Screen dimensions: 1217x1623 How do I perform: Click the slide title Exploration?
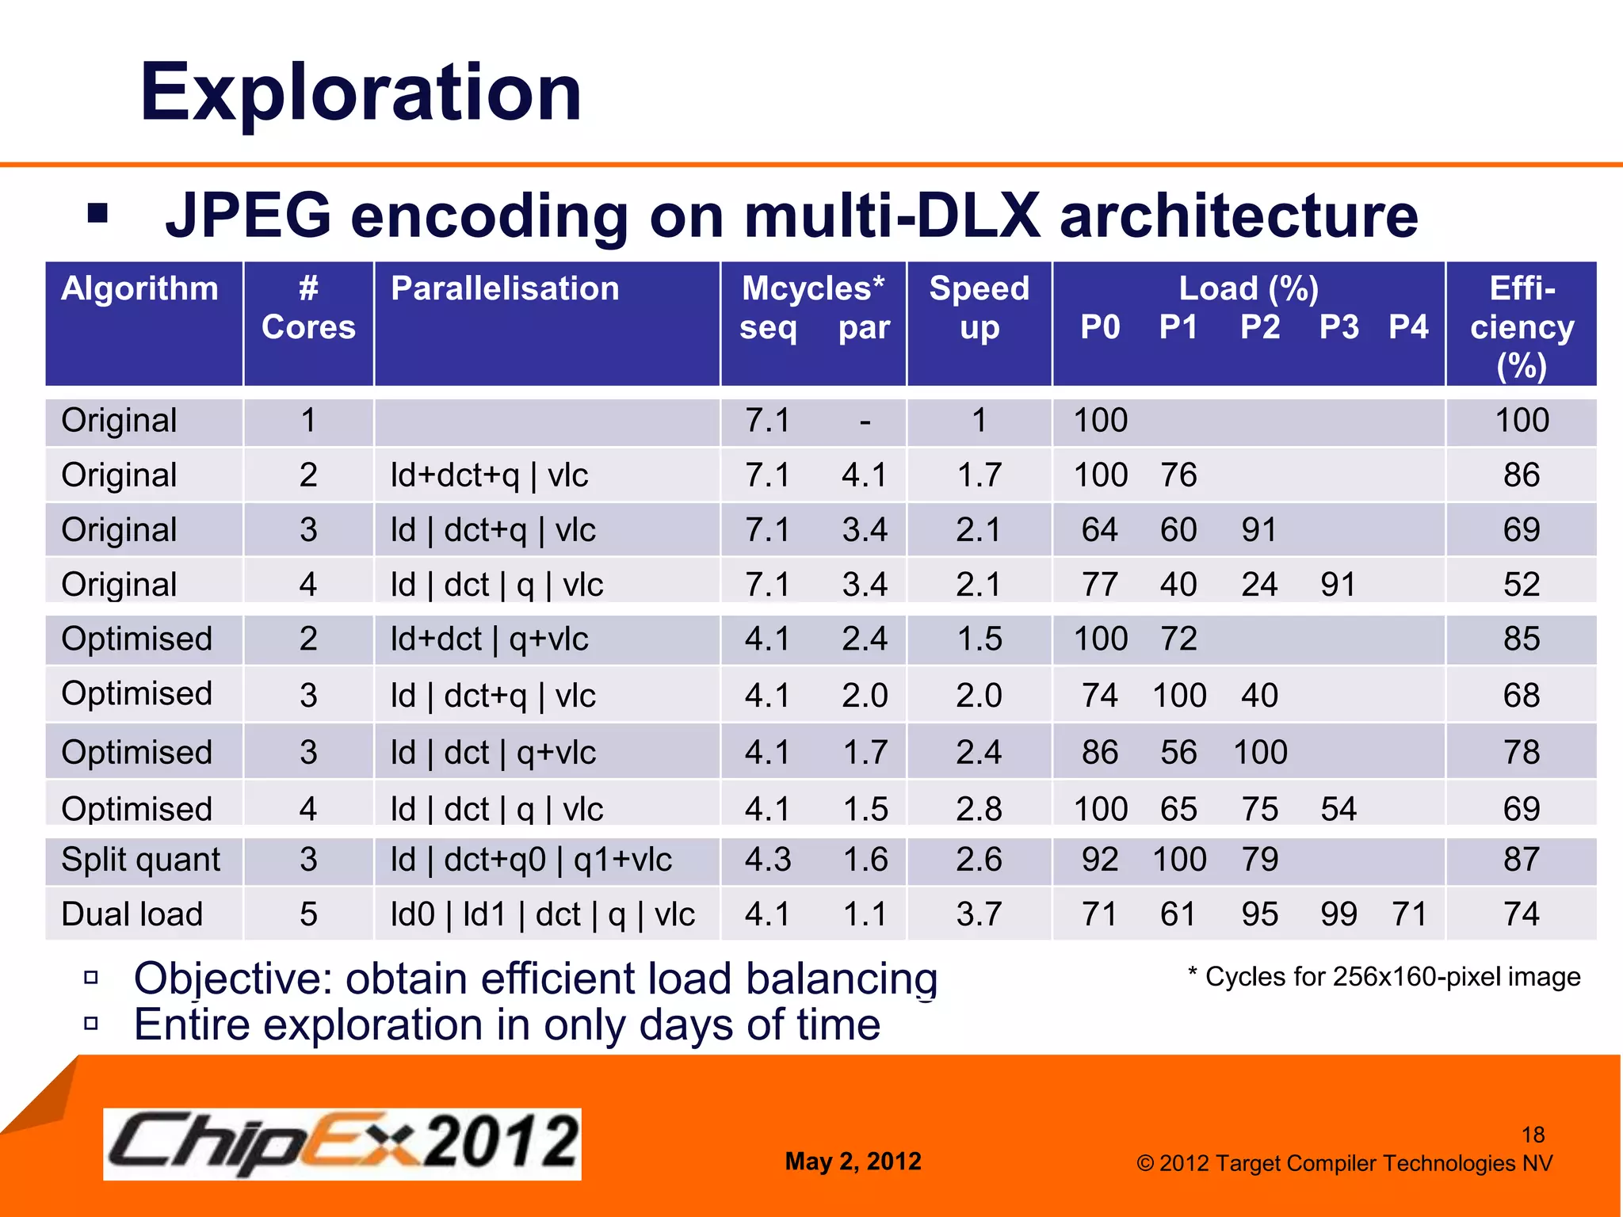pos(361,93)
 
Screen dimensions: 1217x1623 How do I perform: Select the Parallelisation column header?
pos(505,288)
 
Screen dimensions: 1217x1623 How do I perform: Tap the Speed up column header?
pos(979,307)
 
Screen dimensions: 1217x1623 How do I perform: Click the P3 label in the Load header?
pos(1338,327)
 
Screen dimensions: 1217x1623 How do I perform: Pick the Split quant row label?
pos(140,860)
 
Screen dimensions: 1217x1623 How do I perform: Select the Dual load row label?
pos(132,914)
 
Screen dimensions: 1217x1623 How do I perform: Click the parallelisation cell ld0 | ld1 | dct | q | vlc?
pos(542,914)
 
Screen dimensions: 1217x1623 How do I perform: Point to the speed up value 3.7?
pos(979,914)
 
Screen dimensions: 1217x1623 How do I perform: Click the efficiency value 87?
pos(1521,860)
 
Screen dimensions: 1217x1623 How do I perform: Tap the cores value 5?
pos(308,914)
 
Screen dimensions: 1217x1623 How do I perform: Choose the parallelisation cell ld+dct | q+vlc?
pos(489,639)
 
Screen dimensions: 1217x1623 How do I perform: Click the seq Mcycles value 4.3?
pos(767,860)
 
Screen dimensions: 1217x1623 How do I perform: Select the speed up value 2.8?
pos(979,809)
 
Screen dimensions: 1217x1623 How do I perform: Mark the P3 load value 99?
pos(1338,914)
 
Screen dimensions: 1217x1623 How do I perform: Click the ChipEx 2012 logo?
pos(342,1143)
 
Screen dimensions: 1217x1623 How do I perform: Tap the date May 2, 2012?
pos(853,1162)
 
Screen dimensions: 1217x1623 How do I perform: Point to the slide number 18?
pos(1533,1135)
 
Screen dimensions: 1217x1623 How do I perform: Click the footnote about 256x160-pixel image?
pos(1384,977)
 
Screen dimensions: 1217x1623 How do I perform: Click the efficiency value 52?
pos(1521,585)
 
